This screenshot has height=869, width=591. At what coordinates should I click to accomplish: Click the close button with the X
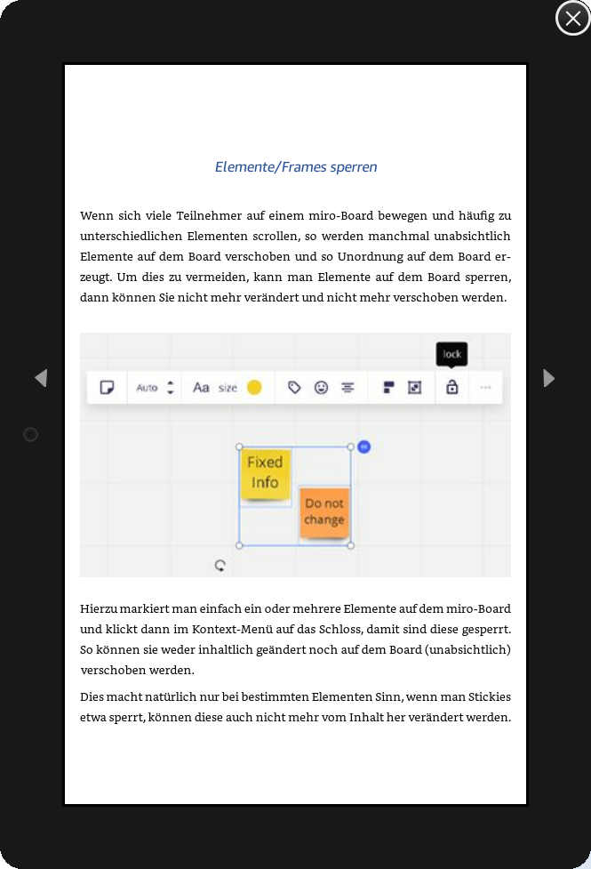[572, 18]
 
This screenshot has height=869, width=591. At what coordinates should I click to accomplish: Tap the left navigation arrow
[40, 378]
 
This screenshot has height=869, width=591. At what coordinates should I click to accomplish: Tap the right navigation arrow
[549, 378]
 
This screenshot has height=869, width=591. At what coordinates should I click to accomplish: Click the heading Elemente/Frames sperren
[296, 167]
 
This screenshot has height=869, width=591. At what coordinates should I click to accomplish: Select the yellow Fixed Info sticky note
[265, 472]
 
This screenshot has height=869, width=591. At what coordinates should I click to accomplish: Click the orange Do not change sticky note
[323, 512]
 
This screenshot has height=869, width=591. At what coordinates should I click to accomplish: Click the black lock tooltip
[451, 354]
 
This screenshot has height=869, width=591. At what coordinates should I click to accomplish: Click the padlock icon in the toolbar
[451, 387]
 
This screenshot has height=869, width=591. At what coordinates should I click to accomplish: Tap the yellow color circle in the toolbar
[254, 387]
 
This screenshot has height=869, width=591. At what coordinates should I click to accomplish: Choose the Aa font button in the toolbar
[202, 387]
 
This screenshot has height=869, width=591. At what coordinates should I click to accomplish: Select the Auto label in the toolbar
[147, 388]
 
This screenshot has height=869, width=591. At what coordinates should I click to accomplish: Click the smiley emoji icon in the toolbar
[321, 388]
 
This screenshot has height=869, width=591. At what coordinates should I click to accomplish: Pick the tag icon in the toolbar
[294, 388]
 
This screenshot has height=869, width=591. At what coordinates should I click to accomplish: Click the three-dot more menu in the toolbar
[485, 388]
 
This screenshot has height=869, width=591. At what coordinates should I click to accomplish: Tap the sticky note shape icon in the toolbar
[107, 388]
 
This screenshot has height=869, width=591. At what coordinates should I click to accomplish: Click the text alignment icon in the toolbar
[347, 388]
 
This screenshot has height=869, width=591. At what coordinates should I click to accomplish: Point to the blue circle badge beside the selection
[363, 447]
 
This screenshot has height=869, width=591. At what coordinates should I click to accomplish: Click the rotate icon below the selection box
[220, 565]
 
